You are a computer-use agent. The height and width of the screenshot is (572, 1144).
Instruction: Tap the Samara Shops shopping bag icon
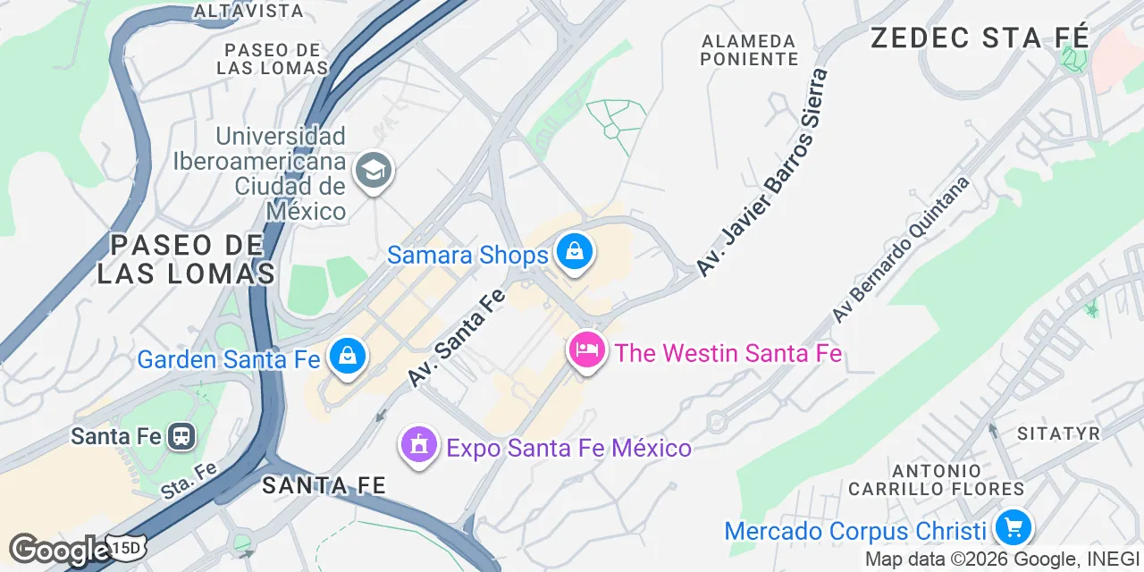[574, 252]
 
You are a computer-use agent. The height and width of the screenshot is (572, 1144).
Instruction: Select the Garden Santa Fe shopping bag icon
[346, 357]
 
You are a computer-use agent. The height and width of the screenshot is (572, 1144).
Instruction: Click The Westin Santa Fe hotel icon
[586, 350]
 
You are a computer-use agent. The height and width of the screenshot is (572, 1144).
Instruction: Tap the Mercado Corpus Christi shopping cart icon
[1013, 527]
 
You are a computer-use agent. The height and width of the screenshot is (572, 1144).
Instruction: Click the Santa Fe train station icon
[183, 436]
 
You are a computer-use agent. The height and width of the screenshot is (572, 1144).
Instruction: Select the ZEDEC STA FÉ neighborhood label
[980, 38]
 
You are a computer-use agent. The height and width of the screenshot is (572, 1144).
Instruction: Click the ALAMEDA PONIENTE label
[749, 50]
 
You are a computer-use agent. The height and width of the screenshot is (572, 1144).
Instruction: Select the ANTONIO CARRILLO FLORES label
[936, 479]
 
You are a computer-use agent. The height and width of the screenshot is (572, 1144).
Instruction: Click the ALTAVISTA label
[248, 11]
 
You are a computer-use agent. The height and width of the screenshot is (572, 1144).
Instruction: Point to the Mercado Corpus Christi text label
[855, 531]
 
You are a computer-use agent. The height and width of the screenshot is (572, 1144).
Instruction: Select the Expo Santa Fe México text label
[568, 448]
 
